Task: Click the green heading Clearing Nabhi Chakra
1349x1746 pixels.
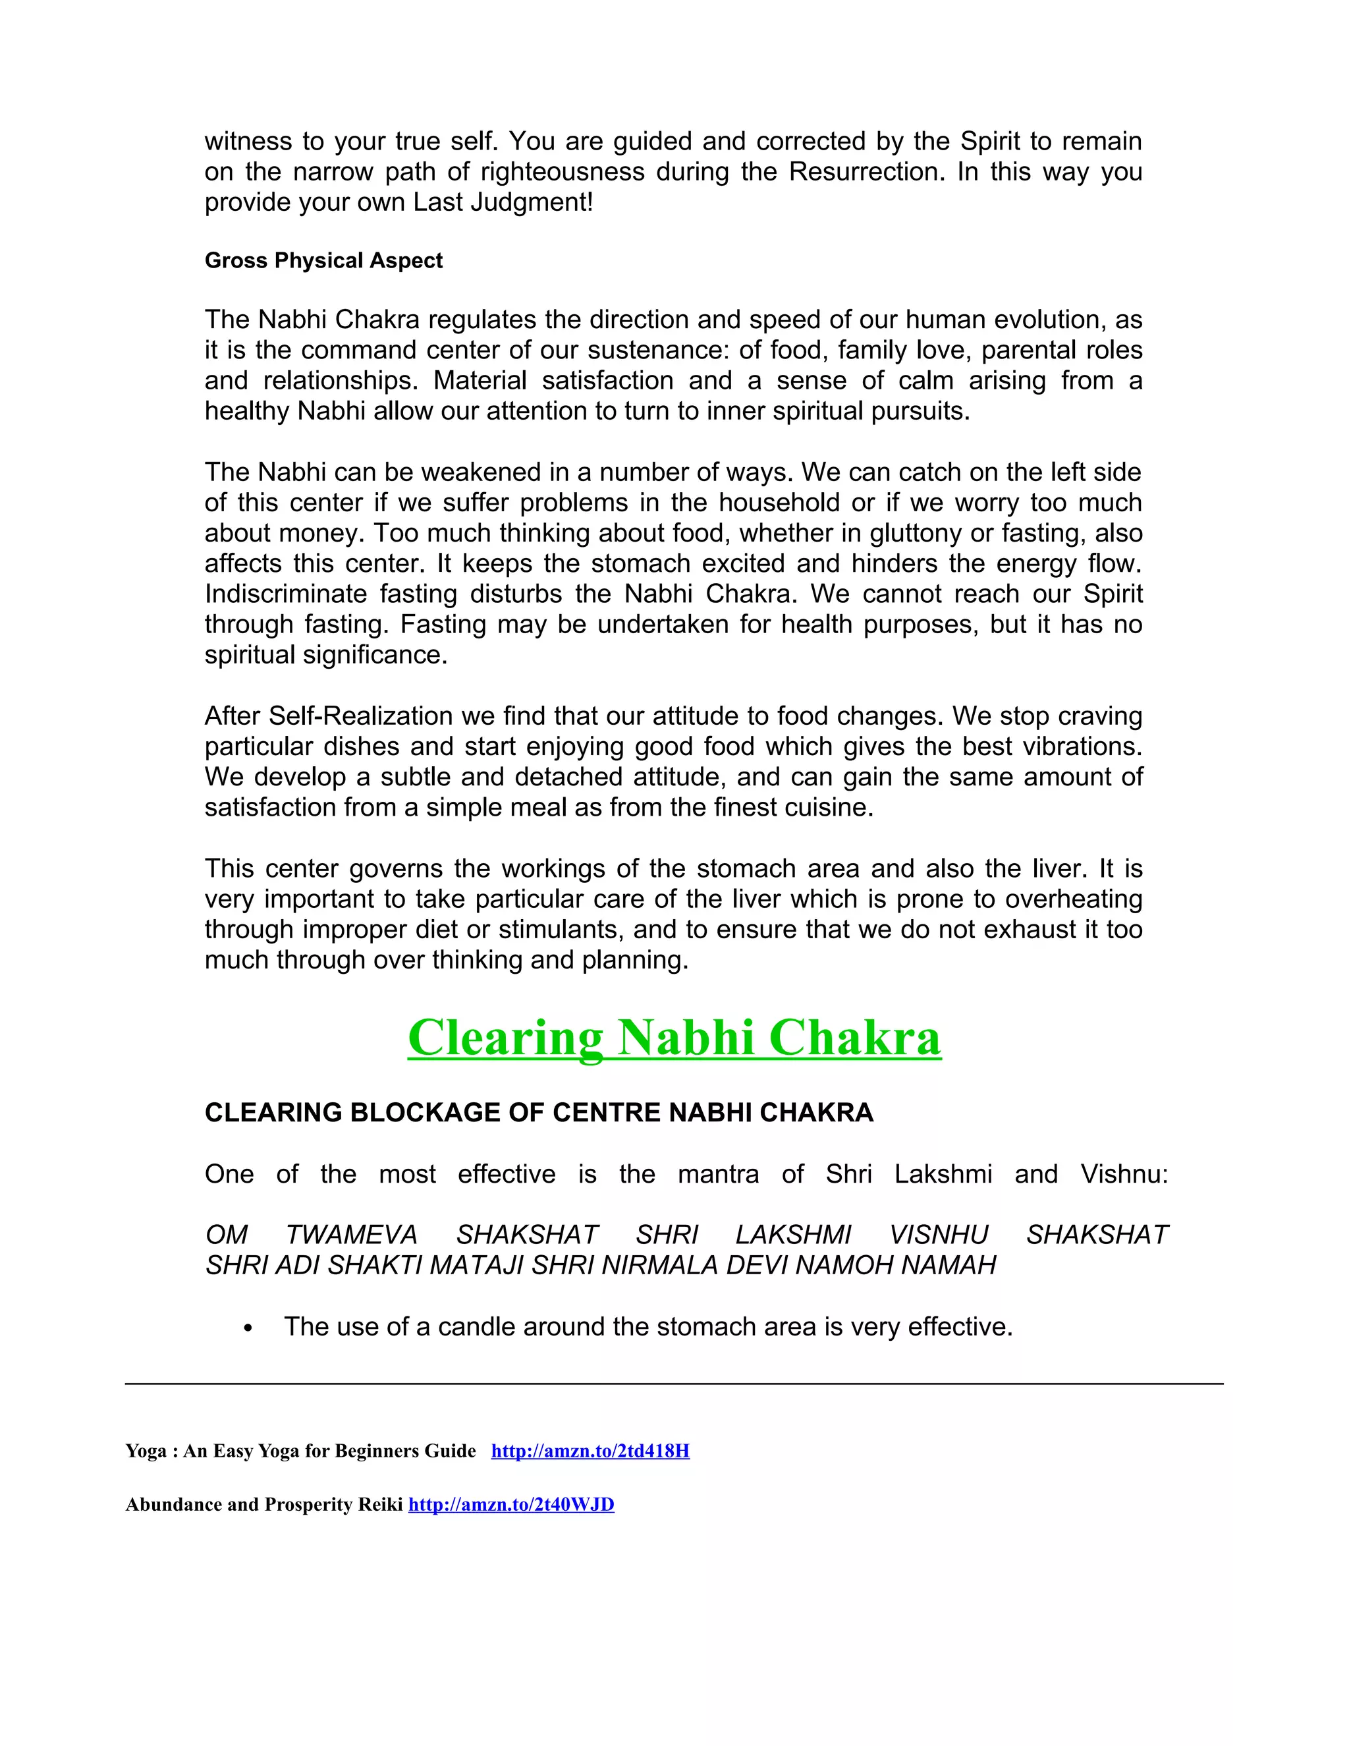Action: point(674,1038)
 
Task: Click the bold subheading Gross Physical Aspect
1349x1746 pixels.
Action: point(323,261)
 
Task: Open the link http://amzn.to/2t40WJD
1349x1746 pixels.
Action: point(510,1505)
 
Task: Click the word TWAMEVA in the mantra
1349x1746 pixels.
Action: point(351,1235)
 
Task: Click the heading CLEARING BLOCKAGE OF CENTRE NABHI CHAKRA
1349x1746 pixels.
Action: point(539,1113)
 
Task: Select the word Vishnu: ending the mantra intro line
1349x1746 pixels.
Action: point(1124,1174)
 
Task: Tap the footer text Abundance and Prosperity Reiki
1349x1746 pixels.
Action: point(263,1505)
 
